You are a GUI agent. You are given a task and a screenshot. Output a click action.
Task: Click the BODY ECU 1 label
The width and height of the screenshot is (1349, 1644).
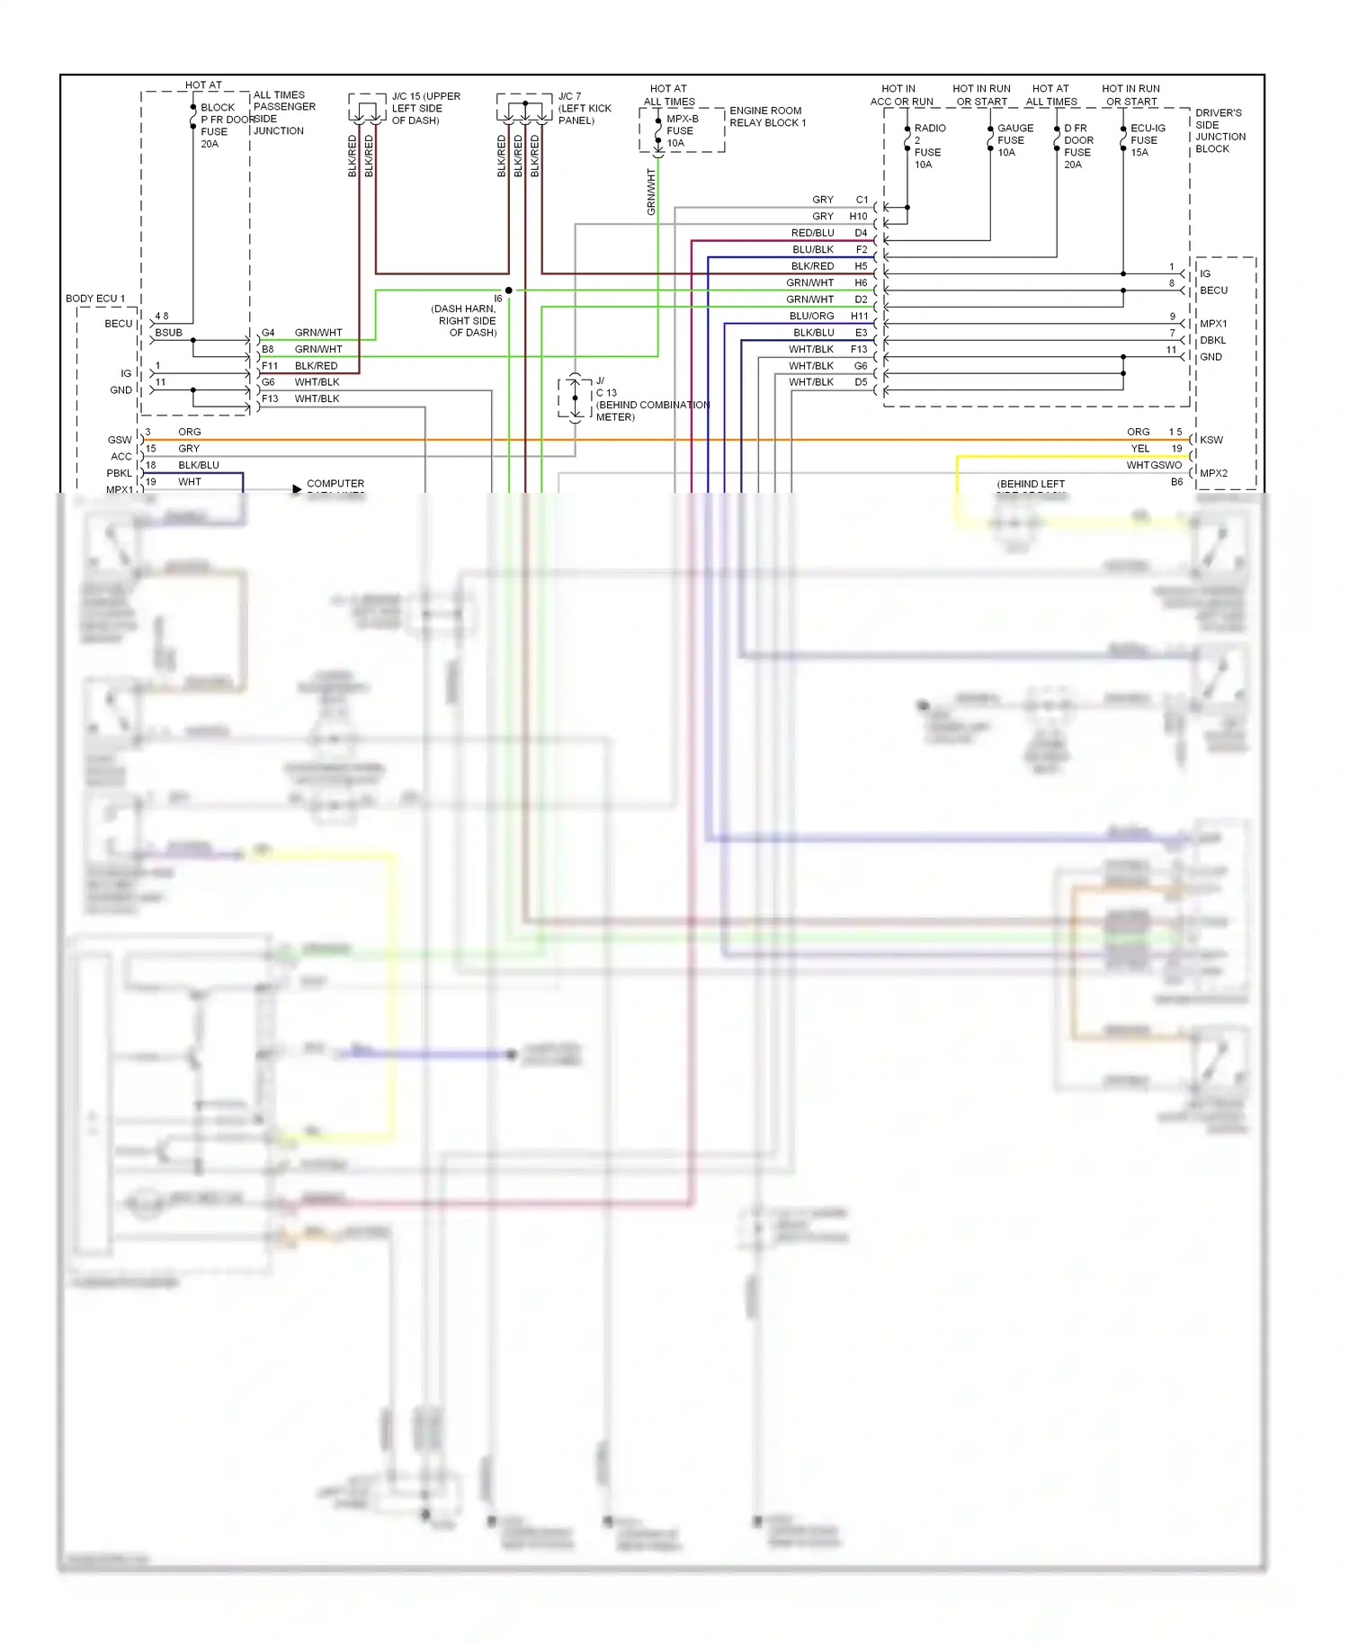click(x=94, y=299)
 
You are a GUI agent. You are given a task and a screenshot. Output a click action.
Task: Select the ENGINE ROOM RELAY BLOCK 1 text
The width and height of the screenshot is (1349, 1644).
click(x=767, y=117)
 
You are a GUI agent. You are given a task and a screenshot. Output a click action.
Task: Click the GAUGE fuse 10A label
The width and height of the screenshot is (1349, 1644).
click(x=1014, y=140)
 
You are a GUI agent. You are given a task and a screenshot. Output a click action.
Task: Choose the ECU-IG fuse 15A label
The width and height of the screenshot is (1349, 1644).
click(x=1147, y=140)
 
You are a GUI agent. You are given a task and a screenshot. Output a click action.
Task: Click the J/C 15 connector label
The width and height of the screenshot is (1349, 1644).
click(x=425, y=108)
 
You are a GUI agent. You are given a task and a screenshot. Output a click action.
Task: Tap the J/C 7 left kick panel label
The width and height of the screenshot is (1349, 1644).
click(x=584, y=108)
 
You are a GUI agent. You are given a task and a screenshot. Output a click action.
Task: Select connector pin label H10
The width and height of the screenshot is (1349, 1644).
click(x=858, y=217)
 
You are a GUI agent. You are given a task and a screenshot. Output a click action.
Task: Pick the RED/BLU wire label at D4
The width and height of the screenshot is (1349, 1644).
click(x=812, y=233)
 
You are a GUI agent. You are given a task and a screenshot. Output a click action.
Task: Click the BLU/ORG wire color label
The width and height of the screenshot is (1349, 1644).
click(x=811, y=316)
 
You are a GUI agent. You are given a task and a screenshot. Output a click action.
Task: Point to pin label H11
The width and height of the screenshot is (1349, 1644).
click(x=859, y=316)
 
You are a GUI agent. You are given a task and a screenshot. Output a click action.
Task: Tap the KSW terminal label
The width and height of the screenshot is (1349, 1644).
click(x=1211, y=440)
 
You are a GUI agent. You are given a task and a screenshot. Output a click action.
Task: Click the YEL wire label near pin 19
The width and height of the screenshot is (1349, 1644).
click(x=1139, y=449)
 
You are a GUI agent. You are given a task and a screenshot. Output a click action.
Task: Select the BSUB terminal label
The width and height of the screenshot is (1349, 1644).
click(x=168, y=333)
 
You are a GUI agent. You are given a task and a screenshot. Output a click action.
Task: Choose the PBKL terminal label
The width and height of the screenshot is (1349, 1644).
click(x=119, y=473)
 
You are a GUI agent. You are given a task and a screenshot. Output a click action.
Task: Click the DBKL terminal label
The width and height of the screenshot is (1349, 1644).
click(x=1212, y=340)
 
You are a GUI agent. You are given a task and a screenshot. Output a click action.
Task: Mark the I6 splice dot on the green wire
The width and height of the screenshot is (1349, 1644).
click(x=509, y=290)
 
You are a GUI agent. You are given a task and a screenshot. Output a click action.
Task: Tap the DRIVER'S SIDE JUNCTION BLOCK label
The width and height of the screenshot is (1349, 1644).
click(x=1219, y=131)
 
